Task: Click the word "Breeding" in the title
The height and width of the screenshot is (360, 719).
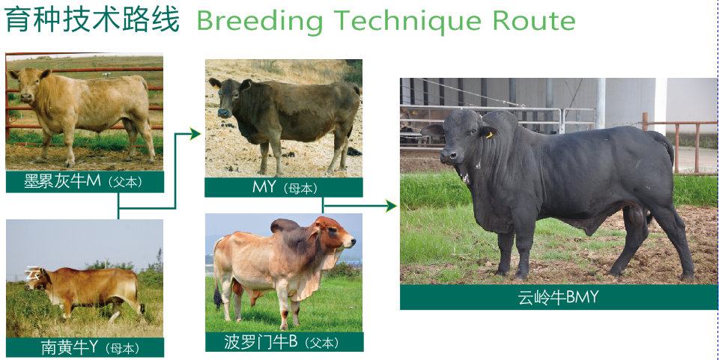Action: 260,22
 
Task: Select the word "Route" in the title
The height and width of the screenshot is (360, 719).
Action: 534,20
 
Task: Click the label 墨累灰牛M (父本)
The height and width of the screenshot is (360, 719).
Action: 85,181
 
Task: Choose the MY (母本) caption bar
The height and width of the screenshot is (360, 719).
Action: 284,187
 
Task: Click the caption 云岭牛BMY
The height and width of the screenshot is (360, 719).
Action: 559,297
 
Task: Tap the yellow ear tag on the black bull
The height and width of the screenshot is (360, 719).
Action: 489,135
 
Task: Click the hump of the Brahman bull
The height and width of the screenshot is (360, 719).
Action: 285,225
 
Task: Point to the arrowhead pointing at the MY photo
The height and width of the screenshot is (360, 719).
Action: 195,134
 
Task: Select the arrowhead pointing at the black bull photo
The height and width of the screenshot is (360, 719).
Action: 391,206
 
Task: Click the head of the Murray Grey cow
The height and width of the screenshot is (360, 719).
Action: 29,84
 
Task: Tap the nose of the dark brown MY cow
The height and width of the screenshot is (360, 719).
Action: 223,112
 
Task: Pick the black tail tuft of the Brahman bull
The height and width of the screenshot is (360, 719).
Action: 218,301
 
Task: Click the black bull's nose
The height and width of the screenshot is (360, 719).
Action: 448,156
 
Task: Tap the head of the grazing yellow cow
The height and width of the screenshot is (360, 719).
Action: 36,279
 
